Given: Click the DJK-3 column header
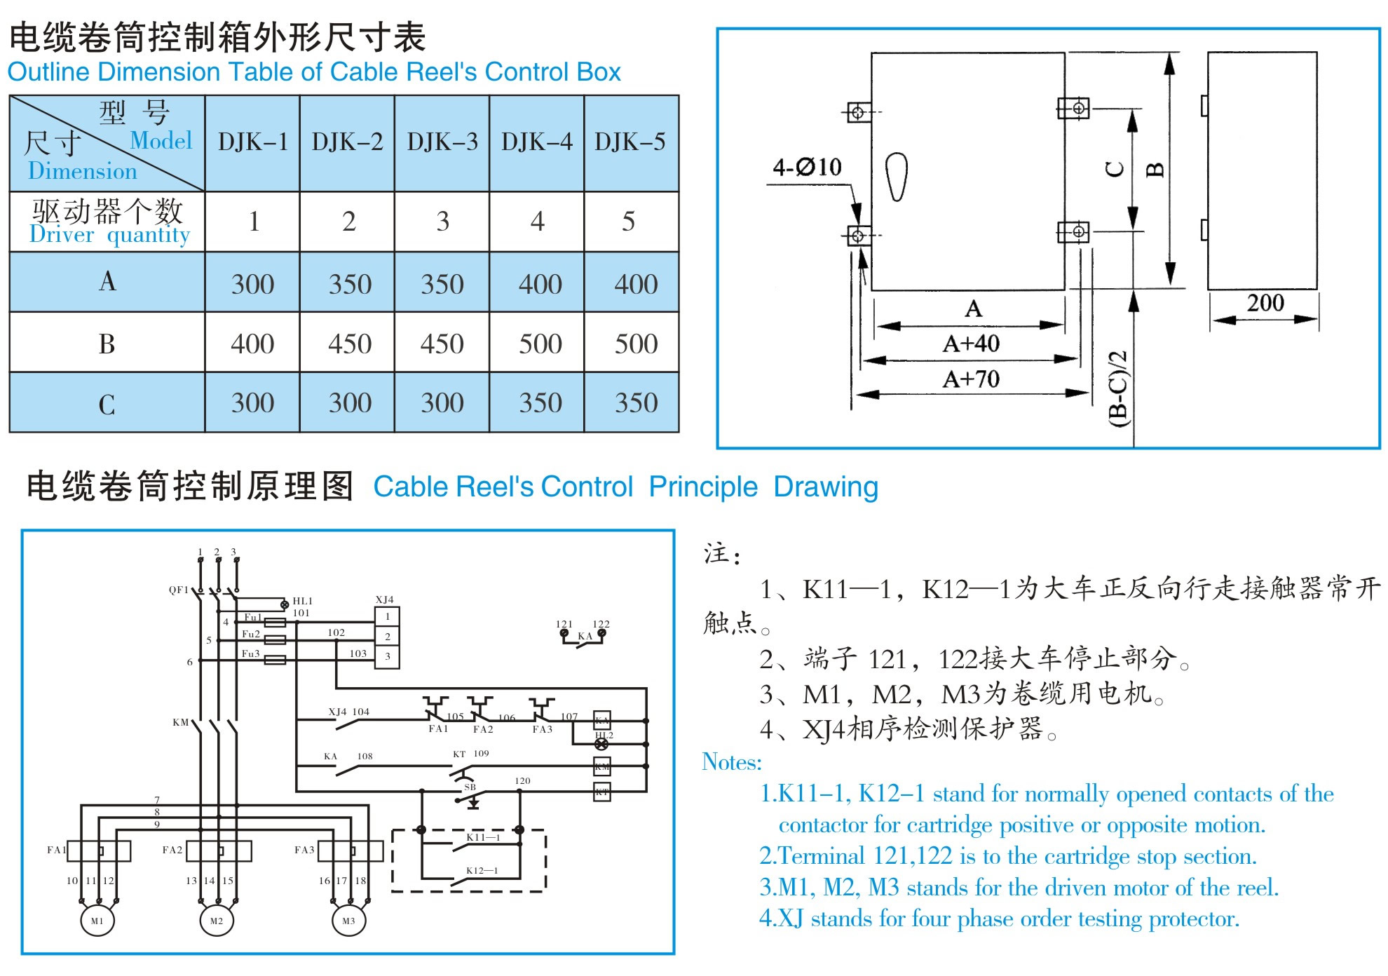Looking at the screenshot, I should (x=442, y=142).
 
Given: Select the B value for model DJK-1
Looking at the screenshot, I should (x=252, y=344).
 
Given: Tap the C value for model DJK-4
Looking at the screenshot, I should (x=540, y=403).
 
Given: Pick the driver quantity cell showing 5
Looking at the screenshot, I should (x=628, y=222).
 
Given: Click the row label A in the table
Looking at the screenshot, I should (x=107, y=281).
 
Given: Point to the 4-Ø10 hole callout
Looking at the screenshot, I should (x=807, y=167).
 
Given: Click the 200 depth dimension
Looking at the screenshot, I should (x=1265, y=303).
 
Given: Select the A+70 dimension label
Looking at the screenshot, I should (x=971, y=379).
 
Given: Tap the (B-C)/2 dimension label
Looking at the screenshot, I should (x=1119, y=388).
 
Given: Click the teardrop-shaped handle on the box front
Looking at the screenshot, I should (x=897, y=176).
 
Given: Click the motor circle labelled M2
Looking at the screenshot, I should (x=217, y=921).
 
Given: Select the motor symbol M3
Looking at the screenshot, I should (x=348, y=921).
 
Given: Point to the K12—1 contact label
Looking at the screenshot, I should (x=482, y=871).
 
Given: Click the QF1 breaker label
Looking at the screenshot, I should (x=179, y=590).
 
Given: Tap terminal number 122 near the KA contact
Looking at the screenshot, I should (x=601, y=624).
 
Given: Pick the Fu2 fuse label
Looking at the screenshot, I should (x=250, y=634).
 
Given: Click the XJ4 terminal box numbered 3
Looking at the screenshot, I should (x=387, y=657).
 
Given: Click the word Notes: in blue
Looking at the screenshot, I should (x=731, y=762).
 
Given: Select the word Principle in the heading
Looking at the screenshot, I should (x=703, y=487).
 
